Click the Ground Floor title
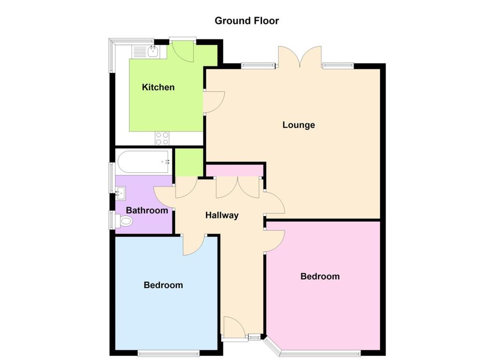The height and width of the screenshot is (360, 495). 247,21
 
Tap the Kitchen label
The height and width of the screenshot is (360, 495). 158,87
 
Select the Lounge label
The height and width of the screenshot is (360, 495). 298,125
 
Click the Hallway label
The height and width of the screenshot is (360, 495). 222,216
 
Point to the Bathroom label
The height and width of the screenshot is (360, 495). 147,211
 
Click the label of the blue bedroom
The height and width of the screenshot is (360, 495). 163,285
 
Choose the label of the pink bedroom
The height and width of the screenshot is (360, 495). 320,276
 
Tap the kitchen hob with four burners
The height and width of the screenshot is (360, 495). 162,138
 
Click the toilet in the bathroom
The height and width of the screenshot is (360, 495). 124,221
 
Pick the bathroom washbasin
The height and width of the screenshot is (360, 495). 121,194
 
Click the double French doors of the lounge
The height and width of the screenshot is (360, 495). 300,57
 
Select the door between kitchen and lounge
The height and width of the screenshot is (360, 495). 214,102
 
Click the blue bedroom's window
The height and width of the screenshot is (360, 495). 168,352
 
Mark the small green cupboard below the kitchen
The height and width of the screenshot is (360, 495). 189,162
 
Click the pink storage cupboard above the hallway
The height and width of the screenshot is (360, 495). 234,171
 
